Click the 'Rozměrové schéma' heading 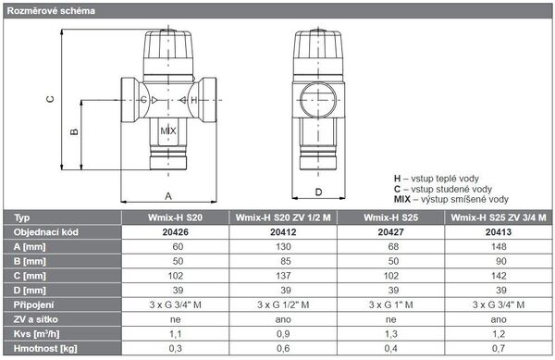(51, 11)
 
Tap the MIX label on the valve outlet (168, 131)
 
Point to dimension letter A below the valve (168, 196)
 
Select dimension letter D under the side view (318, 192)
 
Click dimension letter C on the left (50, 99)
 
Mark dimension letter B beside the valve (74, 131)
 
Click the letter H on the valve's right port (193, 100)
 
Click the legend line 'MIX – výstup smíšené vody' (451, 199)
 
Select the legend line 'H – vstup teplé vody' (436, 179)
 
